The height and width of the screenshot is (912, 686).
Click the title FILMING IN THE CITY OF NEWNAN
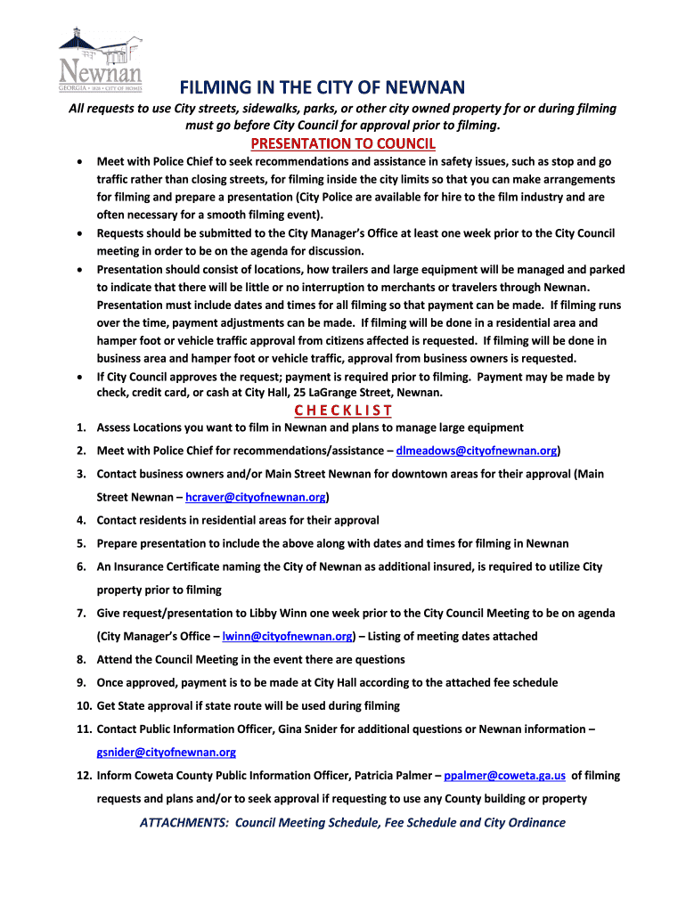(323, 87)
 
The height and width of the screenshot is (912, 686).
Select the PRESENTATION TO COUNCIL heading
(343, 143)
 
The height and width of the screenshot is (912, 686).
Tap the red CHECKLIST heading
(343, 410)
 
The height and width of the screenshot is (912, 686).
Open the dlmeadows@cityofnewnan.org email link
(477, 451)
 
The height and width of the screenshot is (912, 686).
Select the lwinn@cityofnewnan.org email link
(288, 636)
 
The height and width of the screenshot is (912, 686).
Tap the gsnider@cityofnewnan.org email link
(167, 752)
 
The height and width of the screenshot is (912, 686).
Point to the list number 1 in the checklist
(80, 427)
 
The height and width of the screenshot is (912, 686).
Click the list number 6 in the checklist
(80, 566)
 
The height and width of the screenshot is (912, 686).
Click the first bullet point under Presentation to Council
(81, 162)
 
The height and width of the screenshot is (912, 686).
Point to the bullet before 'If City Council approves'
(81, 377)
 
